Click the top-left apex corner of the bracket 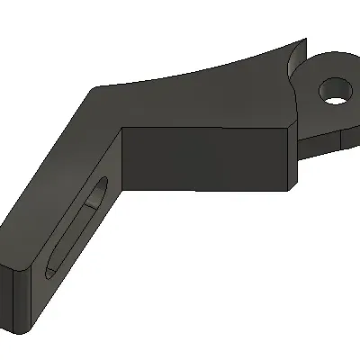click(94, 88)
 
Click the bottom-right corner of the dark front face click(290, 189)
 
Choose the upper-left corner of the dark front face click(123, 127)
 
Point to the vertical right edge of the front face click(291, 157)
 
